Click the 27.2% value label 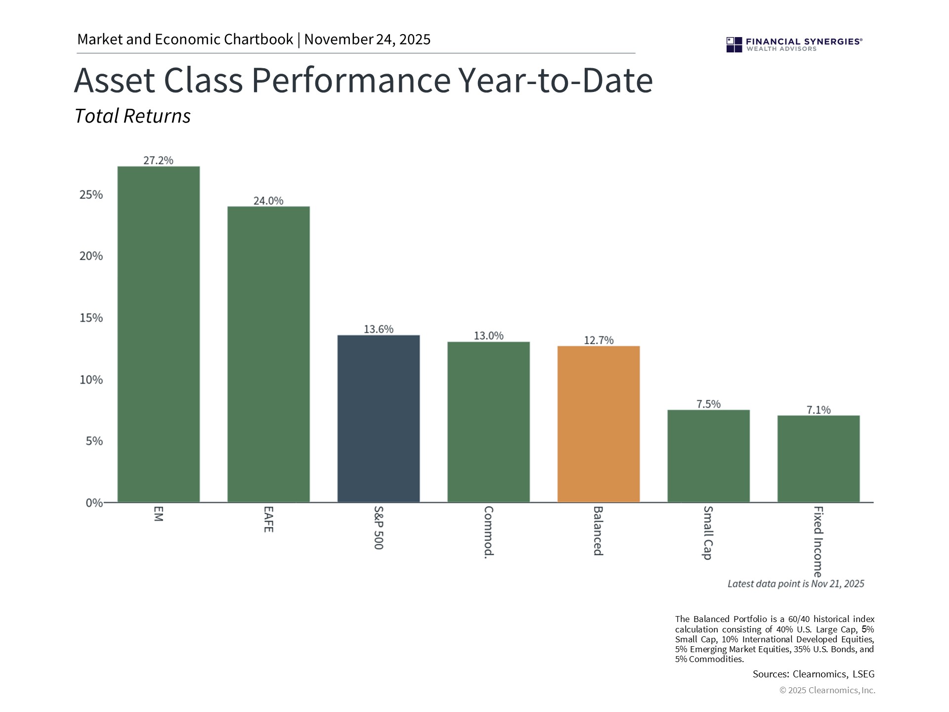(x=158, y=160)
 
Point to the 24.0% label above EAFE (x=268, y=201)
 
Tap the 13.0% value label (x=488, y=336)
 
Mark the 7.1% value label (x=819, y=410)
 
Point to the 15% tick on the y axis (x=91, y=318)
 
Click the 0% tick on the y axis (x=94, y=503)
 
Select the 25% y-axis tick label (x=91, y=195)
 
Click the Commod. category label (x=488, y=532)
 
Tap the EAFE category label (x=268, y=519)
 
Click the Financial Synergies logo (x=794, y=44)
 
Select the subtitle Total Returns (x=132, y=116)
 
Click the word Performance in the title (x=351, y=80)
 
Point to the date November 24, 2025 (x=367, y=40)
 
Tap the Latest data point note (x=795, y=584)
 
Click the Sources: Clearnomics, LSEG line (x=813, y=674)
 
